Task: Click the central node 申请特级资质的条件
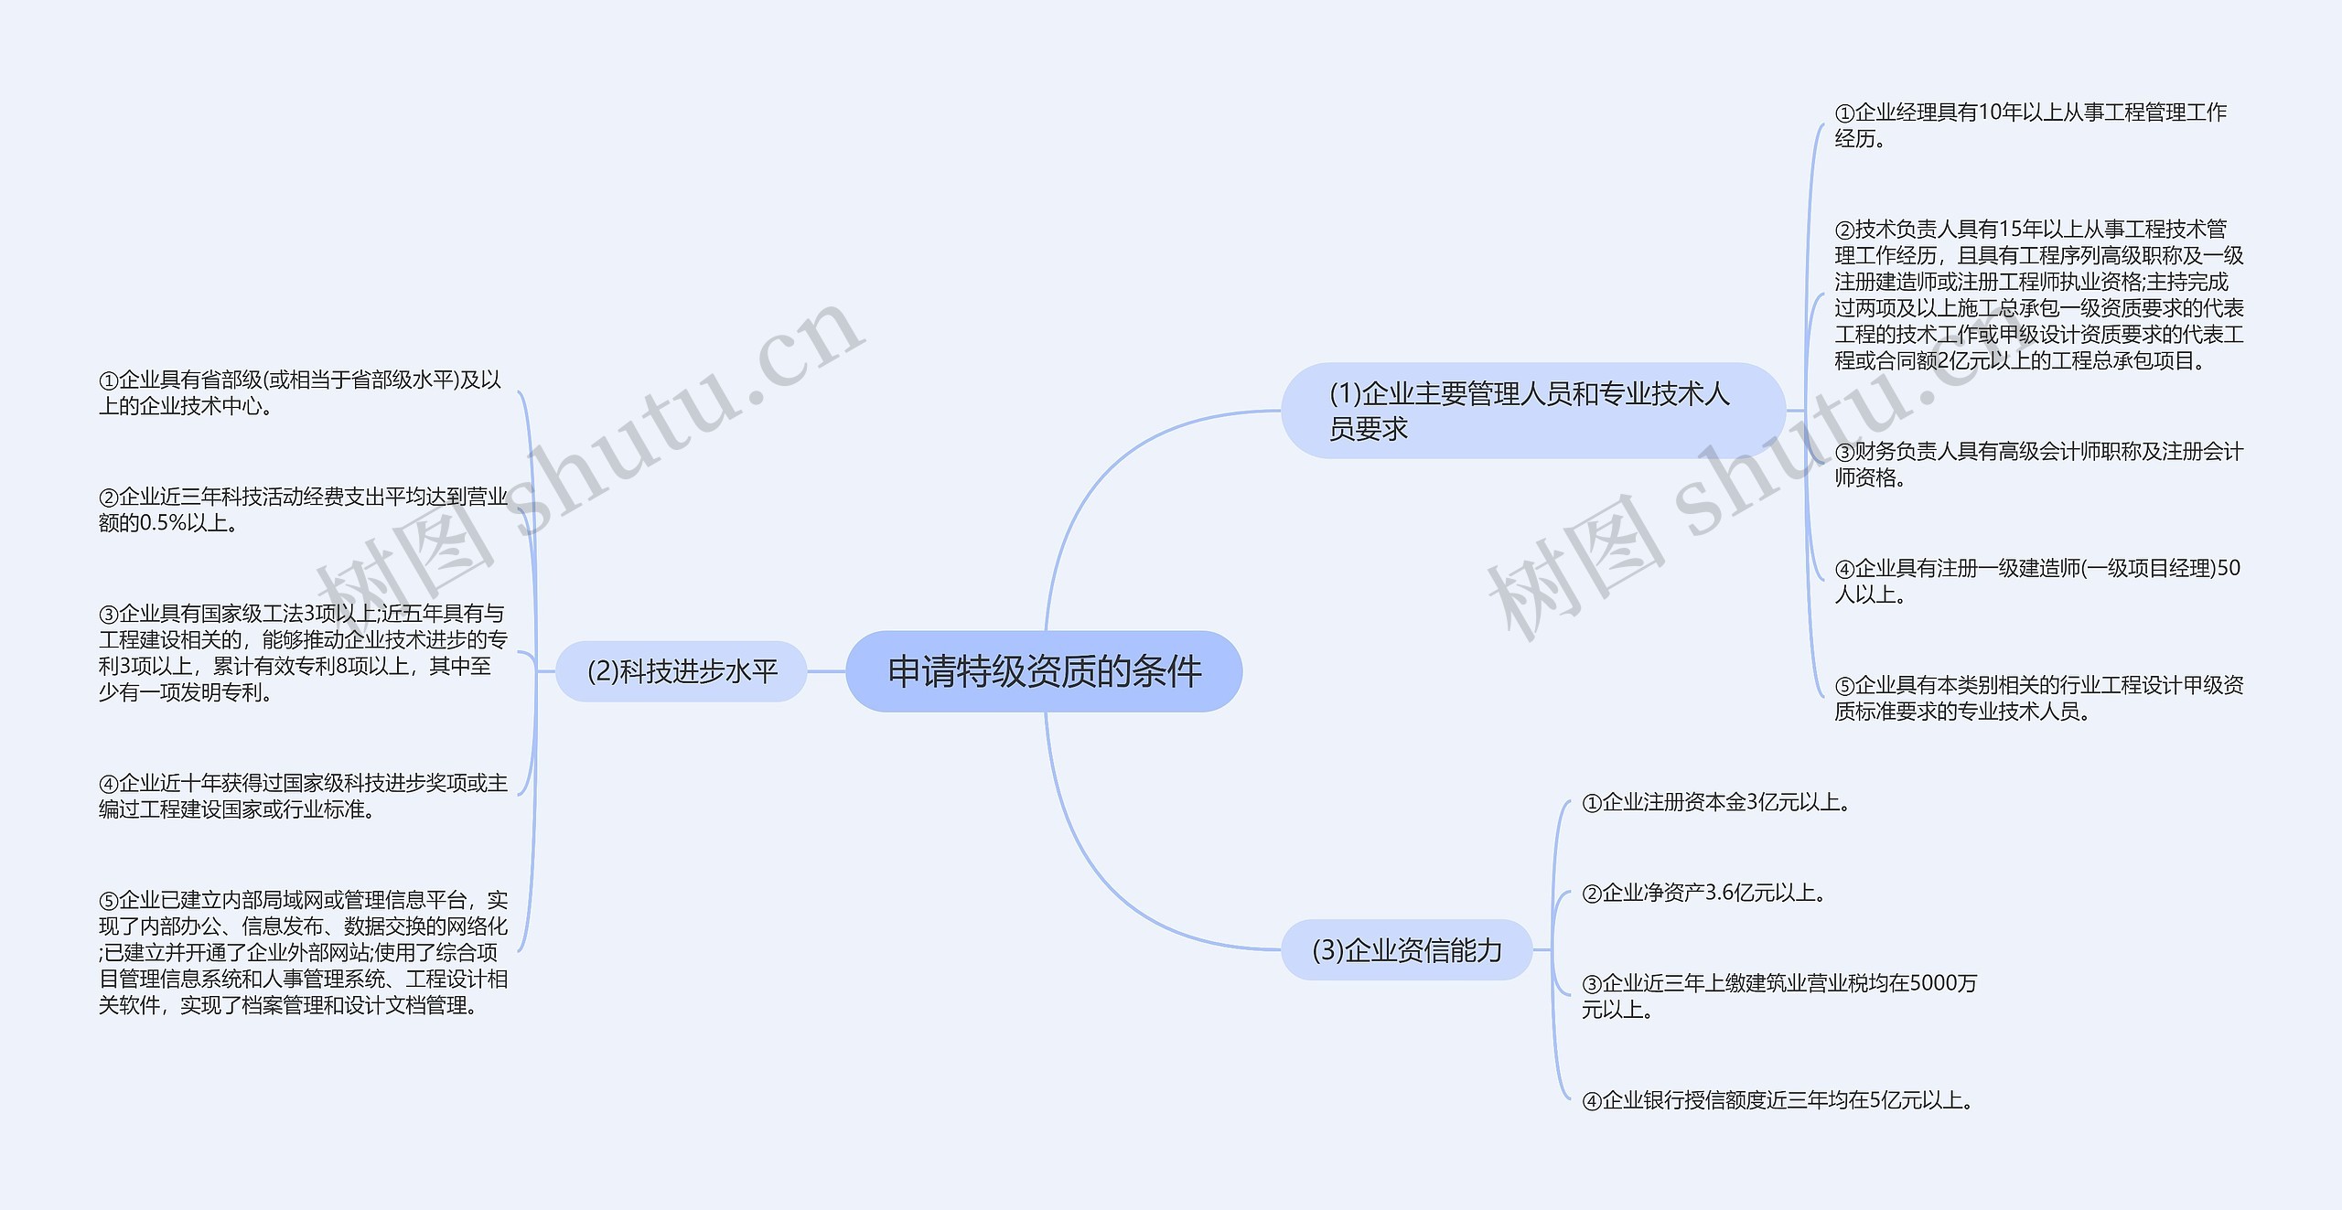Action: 1044,671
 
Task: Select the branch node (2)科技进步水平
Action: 682,671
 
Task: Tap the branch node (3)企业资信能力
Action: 1406,950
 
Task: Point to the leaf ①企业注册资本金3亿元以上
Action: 1716,803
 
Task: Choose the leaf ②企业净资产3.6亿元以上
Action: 1703,893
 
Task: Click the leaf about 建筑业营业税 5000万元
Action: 1778,996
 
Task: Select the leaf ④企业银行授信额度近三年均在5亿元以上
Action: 1778,1100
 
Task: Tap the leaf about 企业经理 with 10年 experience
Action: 2029,125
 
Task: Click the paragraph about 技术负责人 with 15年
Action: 2038,294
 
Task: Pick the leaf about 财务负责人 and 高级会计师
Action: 2038,464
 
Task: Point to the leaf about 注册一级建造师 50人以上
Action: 2036,581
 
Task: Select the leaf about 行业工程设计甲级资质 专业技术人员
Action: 2038,698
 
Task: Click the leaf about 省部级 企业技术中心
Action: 300,392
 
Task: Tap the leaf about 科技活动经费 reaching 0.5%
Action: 302,509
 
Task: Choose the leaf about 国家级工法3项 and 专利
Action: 302,652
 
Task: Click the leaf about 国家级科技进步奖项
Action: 302,796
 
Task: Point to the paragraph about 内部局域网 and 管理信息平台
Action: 302,952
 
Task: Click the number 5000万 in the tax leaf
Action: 1943,983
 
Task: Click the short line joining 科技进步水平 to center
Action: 826,671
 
